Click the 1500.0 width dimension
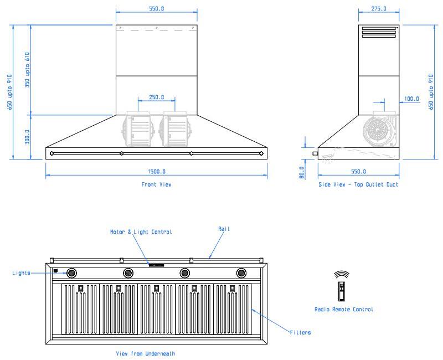pyautogui.click(x=157, y=172)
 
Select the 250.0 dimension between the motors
pyautogui.click(x=157, y=97)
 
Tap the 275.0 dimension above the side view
pyautogui.click(x=379, y=9)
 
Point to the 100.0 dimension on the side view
pyautogui.click(x=411, y=99)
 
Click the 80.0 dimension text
pyautogui.click(x=302, y=172)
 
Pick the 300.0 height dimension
pyautogui.click(x=27, y=137)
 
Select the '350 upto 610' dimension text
pyautogui.click(x=27, y=70)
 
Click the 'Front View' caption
pyautogui.click(x=156, y=184)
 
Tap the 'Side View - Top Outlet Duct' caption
pyautogui.click(x=358, y=184)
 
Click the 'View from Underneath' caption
pyautogui.click(x=145, y=353)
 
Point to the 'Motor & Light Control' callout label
pyautogui.click(x=141, y=232)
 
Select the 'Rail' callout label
pyautogui.click(x=224, y=229)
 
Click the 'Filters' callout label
pyautogui.click(x=300, y=333)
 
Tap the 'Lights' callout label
pyautogui.click(x=21, y=273)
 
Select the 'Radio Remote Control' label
pyautogui.click(x=344, y=310)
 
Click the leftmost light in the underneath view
pyautogui.click(x=71, y=273)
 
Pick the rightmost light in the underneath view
pyautogui.click(x=241, y=273)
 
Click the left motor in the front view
pyautogui.click(x=138, y=129)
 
